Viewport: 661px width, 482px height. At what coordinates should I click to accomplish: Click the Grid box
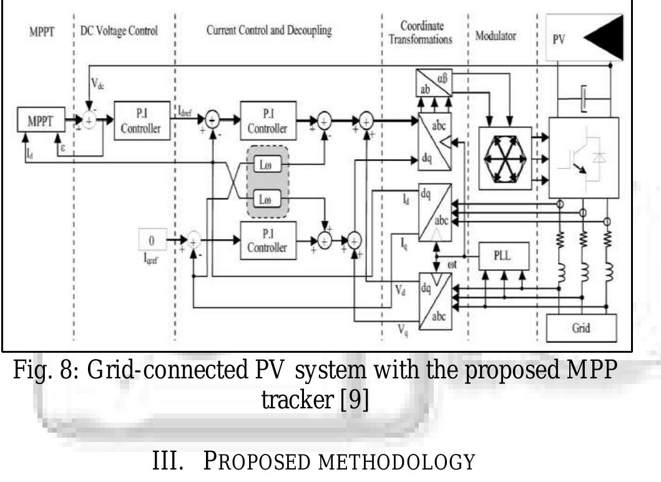[581, 328]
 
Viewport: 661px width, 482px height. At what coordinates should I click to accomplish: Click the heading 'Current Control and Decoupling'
[269, 31]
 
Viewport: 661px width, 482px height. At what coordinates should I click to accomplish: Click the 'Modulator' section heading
[496, 36]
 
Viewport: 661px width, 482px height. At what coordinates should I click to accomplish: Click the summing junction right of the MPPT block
[89, 121]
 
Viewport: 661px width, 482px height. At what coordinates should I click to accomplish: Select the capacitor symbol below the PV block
[582, 99]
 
